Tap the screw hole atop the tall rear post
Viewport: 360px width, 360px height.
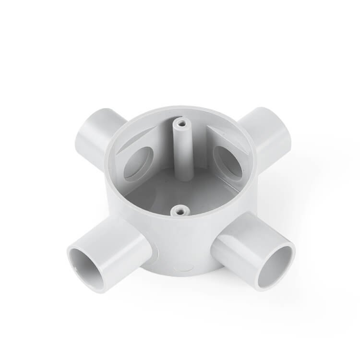coord(181,123)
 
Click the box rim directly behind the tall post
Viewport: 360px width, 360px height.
coord(181,109)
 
